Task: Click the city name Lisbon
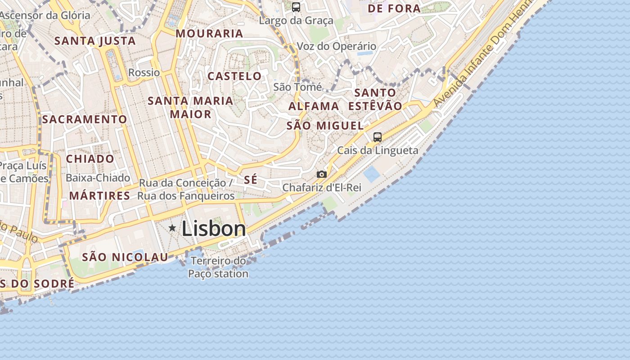[x=214, y=229]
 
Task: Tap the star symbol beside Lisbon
[x=172, y=228]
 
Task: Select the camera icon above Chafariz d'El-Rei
[x=321, y=174]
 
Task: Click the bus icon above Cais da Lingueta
[x=377, y=137]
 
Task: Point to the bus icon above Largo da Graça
[x=296, y=7]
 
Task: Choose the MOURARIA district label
[x=209, y=33]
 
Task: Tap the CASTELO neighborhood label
[x=234, y=76]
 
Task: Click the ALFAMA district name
[x=314, y=106]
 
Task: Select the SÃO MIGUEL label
[x=325, y=126]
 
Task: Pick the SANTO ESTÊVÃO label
[x=375, y=99]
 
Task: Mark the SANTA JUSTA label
[x=95, y=41]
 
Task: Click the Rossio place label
[x=144, y=72]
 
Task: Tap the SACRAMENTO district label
[x=85, y=119]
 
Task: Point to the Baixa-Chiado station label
[x=98, y=178]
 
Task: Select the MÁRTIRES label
[x=99, y=196]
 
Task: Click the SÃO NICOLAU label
[x=125, y=257]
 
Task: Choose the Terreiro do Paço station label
[x=218, y=267]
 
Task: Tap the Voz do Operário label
[x=336, y=46]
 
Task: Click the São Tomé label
[x=297, y=86]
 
